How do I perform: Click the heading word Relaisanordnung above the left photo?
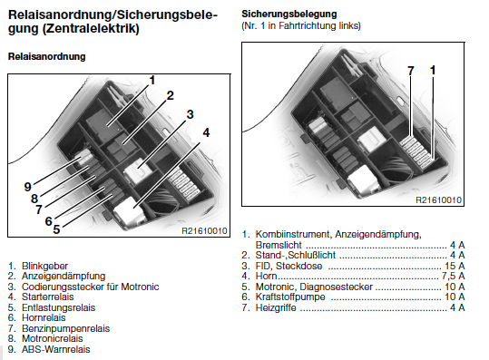coord(47,56)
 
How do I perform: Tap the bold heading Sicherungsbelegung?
coord(289,14)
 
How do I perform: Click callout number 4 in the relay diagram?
coord(206,132)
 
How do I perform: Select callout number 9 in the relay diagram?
coord(28,187)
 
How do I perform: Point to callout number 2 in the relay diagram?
coord(171,95)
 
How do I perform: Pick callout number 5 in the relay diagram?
coord(56,229)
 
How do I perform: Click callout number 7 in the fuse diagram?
coord(411,71)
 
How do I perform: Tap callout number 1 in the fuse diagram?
coord(433,70)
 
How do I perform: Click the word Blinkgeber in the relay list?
coord(44,266)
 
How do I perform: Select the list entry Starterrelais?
coord(48,297)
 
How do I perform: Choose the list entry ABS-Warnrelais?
coord(56,349)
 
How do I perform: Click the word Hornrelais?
coord(44,317)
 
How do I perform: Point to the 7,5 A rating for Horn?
coord(453,276)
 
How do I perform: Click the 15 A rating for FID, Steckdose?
coord(455,266)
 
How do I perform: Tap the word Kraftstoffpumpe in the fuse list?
coord(290,297)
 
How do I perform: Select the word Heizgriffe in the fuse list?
coord(276,308)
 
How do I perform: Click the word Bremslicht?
coord(279,245)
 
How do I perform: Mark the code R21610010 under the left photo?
coord(204,230)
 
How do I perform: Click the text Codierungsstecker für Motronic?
coord(91,287)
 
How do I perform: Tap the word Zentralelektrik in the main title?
coord(90,29)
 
